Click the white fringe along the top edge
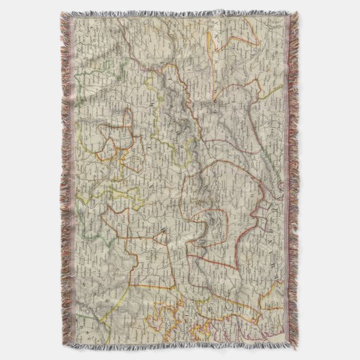tap(180, 13)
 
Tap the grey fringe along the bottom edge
tap(180, 348)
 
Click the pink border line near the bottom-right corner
tap(268, 333)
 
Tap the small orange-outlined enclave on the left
tap(112, 139)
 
